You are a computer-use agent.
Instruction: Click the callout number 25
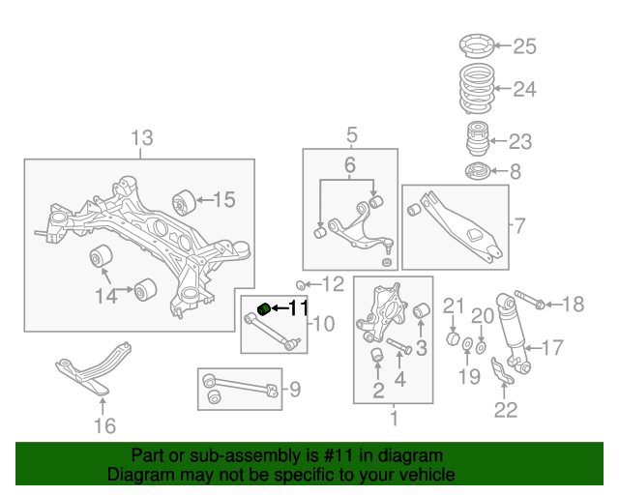[x=523, y=45]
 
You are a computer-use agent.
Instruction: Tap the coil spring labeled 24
[x=475, y=90]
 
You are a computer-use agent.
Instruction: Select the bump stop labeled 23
[x=476, y=141]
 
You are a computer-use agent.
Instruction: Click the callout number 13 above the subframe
[x=142, y=138]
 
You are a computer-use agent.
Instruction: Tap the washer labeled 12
[x=301, y=284]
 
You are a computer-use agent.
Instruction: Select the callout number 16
[x=104, y=424]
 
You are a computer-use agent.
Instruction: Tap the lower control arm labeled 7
[x=455, y=221]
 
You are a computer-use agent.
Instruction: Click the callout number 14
[x=105, y=296]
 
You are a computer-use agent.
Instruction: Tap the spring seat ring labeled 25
[x=475, y=44]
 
